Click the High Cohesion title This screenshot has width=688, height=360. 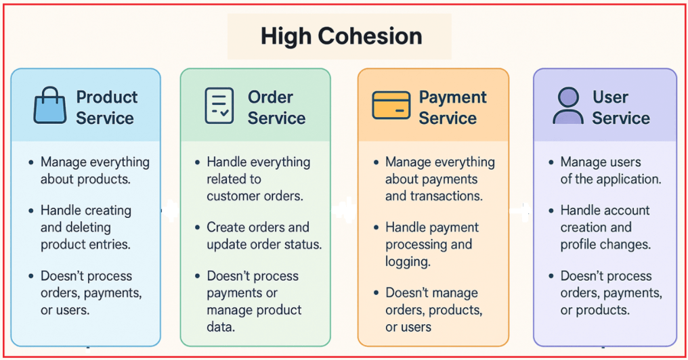pyautogui.click(x=341, y=36)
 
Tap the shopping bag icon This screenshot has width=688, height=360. pyautogui.click(x=49, y=107)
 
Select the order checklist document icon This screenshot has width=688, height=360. pyautogui.click(x=219, y=106)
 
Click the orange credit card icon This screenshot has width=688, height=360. pyautogui.click(x=391, y=106)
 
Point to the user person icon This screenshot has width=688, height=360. pyautogui.click(x=567, y=106)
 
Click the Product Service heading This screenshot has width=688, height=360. pyautogui.click(x=106, y=108)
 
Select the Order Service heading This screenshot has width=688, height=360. pyautogui.click(x=276, y=108)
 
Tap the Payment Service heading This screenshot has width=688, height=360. pyautogui.click(x=452, y=108)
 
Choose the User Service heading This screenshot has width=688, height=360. pyautogui.click(x=620, y=108)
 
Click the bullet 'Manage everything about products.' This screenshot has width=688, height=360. pyautogui.click(x=95, y=171)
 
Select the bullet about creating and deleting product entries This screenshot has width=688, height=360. pyautogui.click(x=86, y=227)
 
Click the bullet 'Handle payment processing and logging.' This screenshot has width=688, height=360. pyautogui.click(x=432, y=244)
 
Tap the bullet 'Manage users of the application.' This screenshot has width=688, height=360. pyautogui.click(x=610, y=171)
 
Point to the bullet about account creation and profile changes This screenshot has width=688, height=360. pyautogui.click(x=605, y=227)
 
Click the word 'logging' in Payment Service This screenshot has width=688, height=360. pyautogui.click(x=408, y=262)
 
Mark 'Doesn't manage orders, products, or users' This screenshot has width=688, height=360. pyautogui.click(x=433, y=310)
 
